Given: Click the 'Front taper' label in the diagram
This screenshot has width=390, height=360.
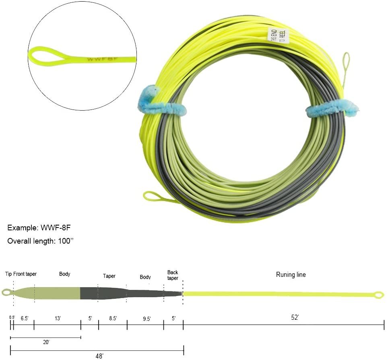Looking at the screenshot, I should click(x=25, y=274).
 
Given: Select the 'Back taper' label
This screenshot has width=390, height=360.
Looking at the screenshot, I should click(x=173, y=275).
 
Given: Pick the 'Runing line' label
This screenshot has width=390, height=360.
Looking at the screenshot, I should click(x=291, y=275).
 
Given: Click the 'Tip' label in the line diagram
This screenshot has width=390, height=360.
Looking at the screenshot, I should click(x=8, y=274).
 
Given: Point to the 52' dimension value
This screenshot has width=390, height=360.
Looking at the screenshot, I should click(x=295, y=318).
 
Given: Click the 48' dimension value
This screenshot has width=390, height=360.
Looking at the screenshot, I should click(x=99, y=356).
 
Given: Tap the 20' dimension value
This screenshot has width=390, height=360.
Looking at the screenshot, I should click(x=46, y=342).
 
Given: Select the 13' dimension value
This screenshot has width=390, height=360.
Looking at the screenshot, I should click(x=58, y=318).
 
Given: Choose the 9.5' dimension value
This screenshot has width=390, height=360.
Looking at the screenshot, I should click(x=147, y=319).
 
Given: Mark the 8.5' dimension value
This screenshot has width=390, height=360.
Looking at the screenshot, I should click(x=113, y=318).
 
